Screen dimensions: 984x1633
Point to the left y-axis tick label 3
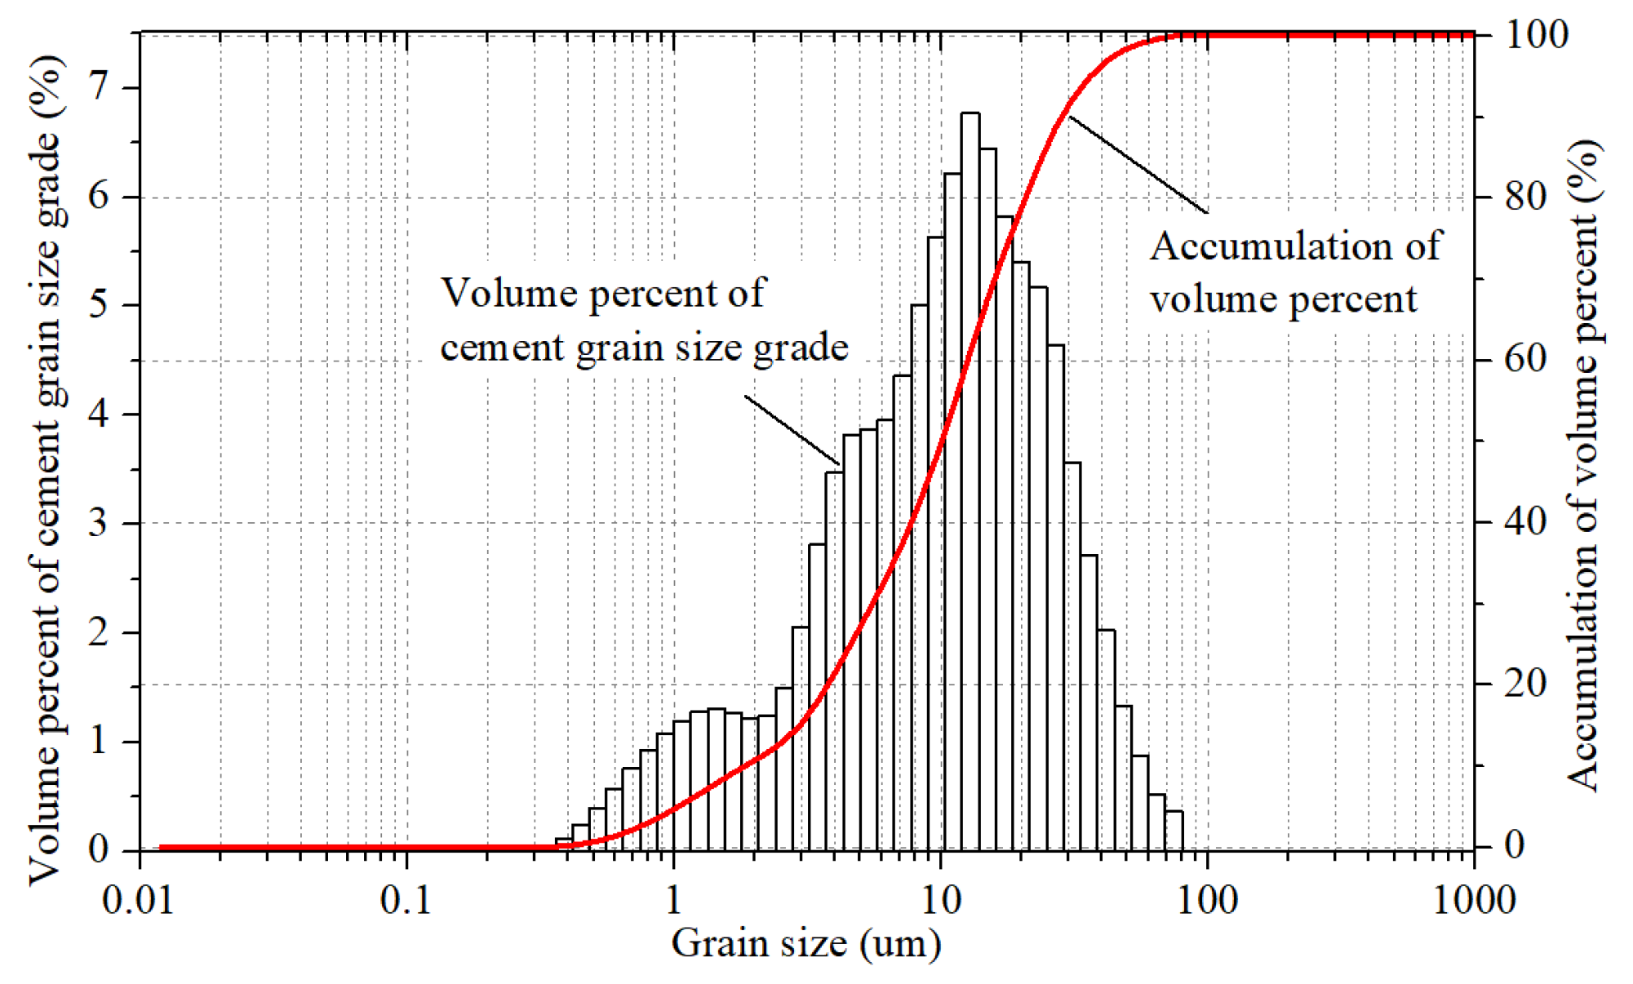coord(99,522)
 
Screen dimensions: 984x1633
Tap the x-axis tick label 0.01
coord(138,901)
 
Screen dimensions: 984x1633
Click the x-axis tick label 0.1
coord(406,901)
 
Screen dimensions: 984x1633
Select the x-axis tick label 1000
coord(1474,901)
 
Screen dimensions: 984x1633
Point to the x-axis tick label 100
coord(1206,901)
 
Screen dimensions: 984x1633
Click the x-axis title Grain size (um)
coord(806,944)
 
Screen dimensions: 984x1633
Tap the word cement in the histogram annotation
coord(502,348)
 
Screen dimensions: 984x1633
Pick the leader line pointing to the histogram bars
coord(791,430)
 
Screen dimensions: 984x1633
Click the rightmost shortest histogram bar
coord(1174,831)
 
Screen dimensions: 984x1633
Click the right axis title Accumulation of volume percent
coord(1584,465)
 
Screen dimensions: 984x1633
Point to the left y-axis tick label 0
coord(99,849)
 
